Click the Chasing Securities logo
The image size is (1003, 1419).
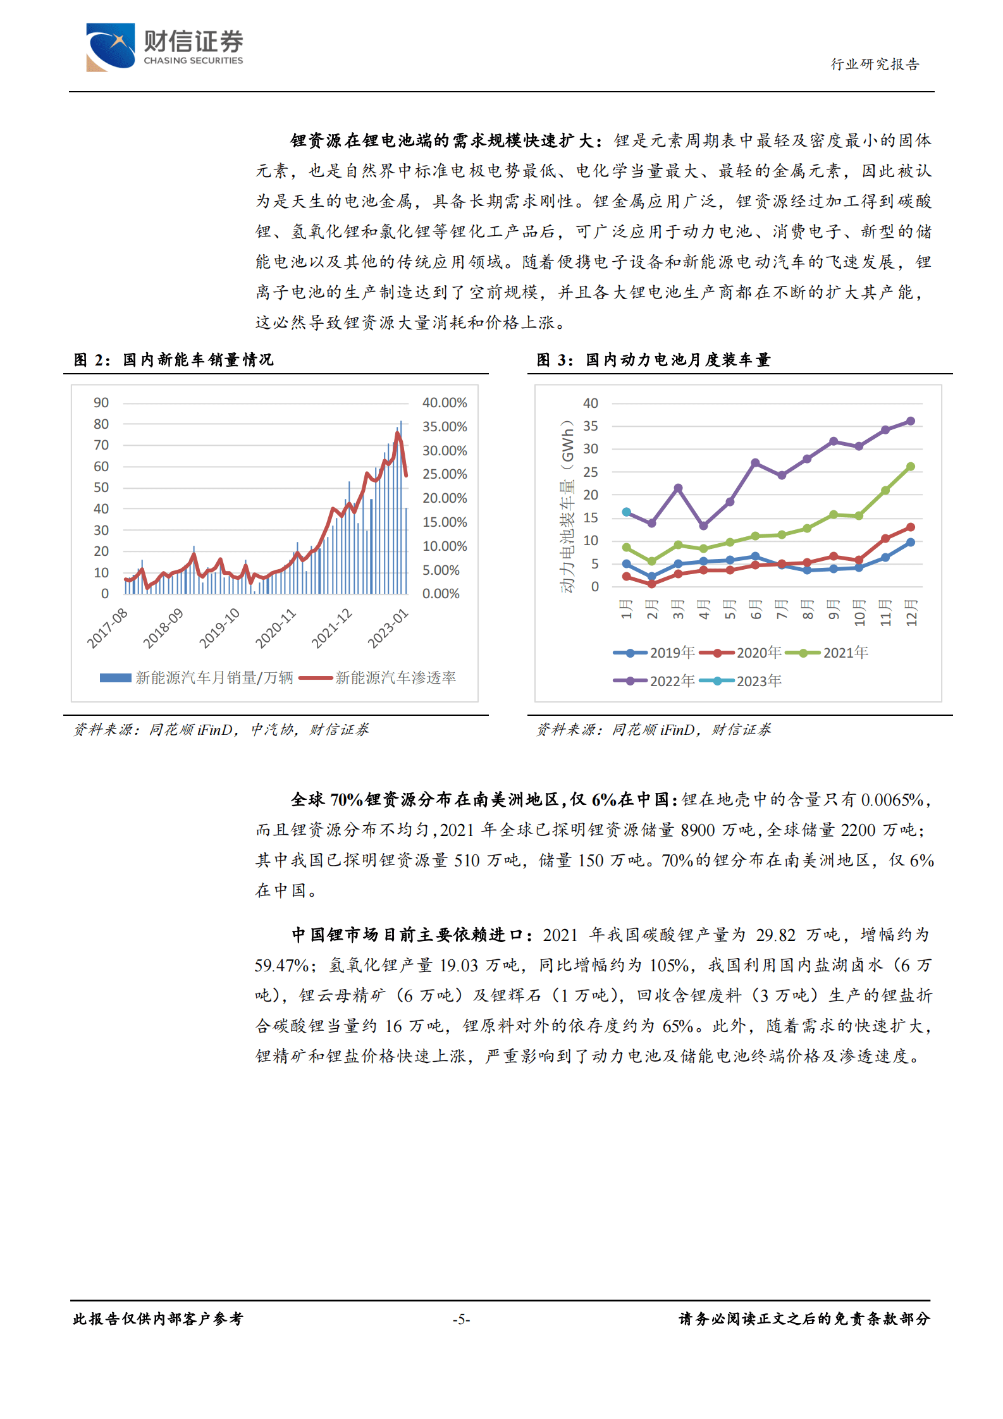(164, 47)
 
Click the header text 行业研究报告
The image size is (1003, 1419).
(875, 64)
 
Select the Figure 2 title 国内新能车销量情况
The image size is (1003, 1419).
(198, 360)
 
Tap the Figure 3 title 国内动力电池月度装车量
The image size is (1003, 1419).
(677, 360)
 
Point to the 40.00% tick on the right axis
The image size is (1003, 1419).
(445, 403)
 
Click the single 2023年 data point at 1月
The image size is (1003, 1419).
(626, 512)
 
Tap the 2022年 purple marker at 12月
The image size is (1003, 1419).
(911, 421)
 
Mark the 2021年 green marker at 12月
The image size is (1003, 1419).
(911, 467)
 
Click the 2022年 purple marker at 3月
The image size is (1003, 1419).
(678, 488)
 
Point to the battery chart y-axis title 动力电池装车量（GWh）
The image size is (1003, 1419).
(567, 506)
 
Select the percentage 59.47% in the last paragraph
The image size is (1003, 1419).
(281, 966)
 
